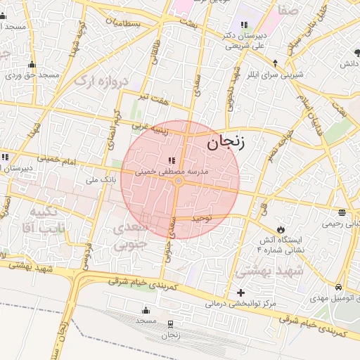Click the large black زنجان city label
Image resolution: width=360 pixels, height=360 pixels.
click(226, 143)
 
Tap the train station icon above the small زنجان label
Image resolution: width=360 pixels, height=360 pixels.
click(171, 323)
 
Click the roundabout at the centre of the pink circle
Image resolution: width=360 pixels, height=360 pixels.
click(179, 181)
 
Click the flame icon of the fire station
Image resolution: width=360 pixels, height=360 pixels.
click(281, 229)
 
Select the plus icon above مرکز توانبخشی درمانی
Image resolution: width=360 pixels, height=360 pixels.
click(241, 292)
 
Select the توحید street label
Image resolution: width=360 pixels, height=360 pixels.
click(202, 219)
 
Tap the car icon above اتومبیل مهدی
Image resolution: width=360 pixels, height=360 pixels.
click(340, 288)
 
